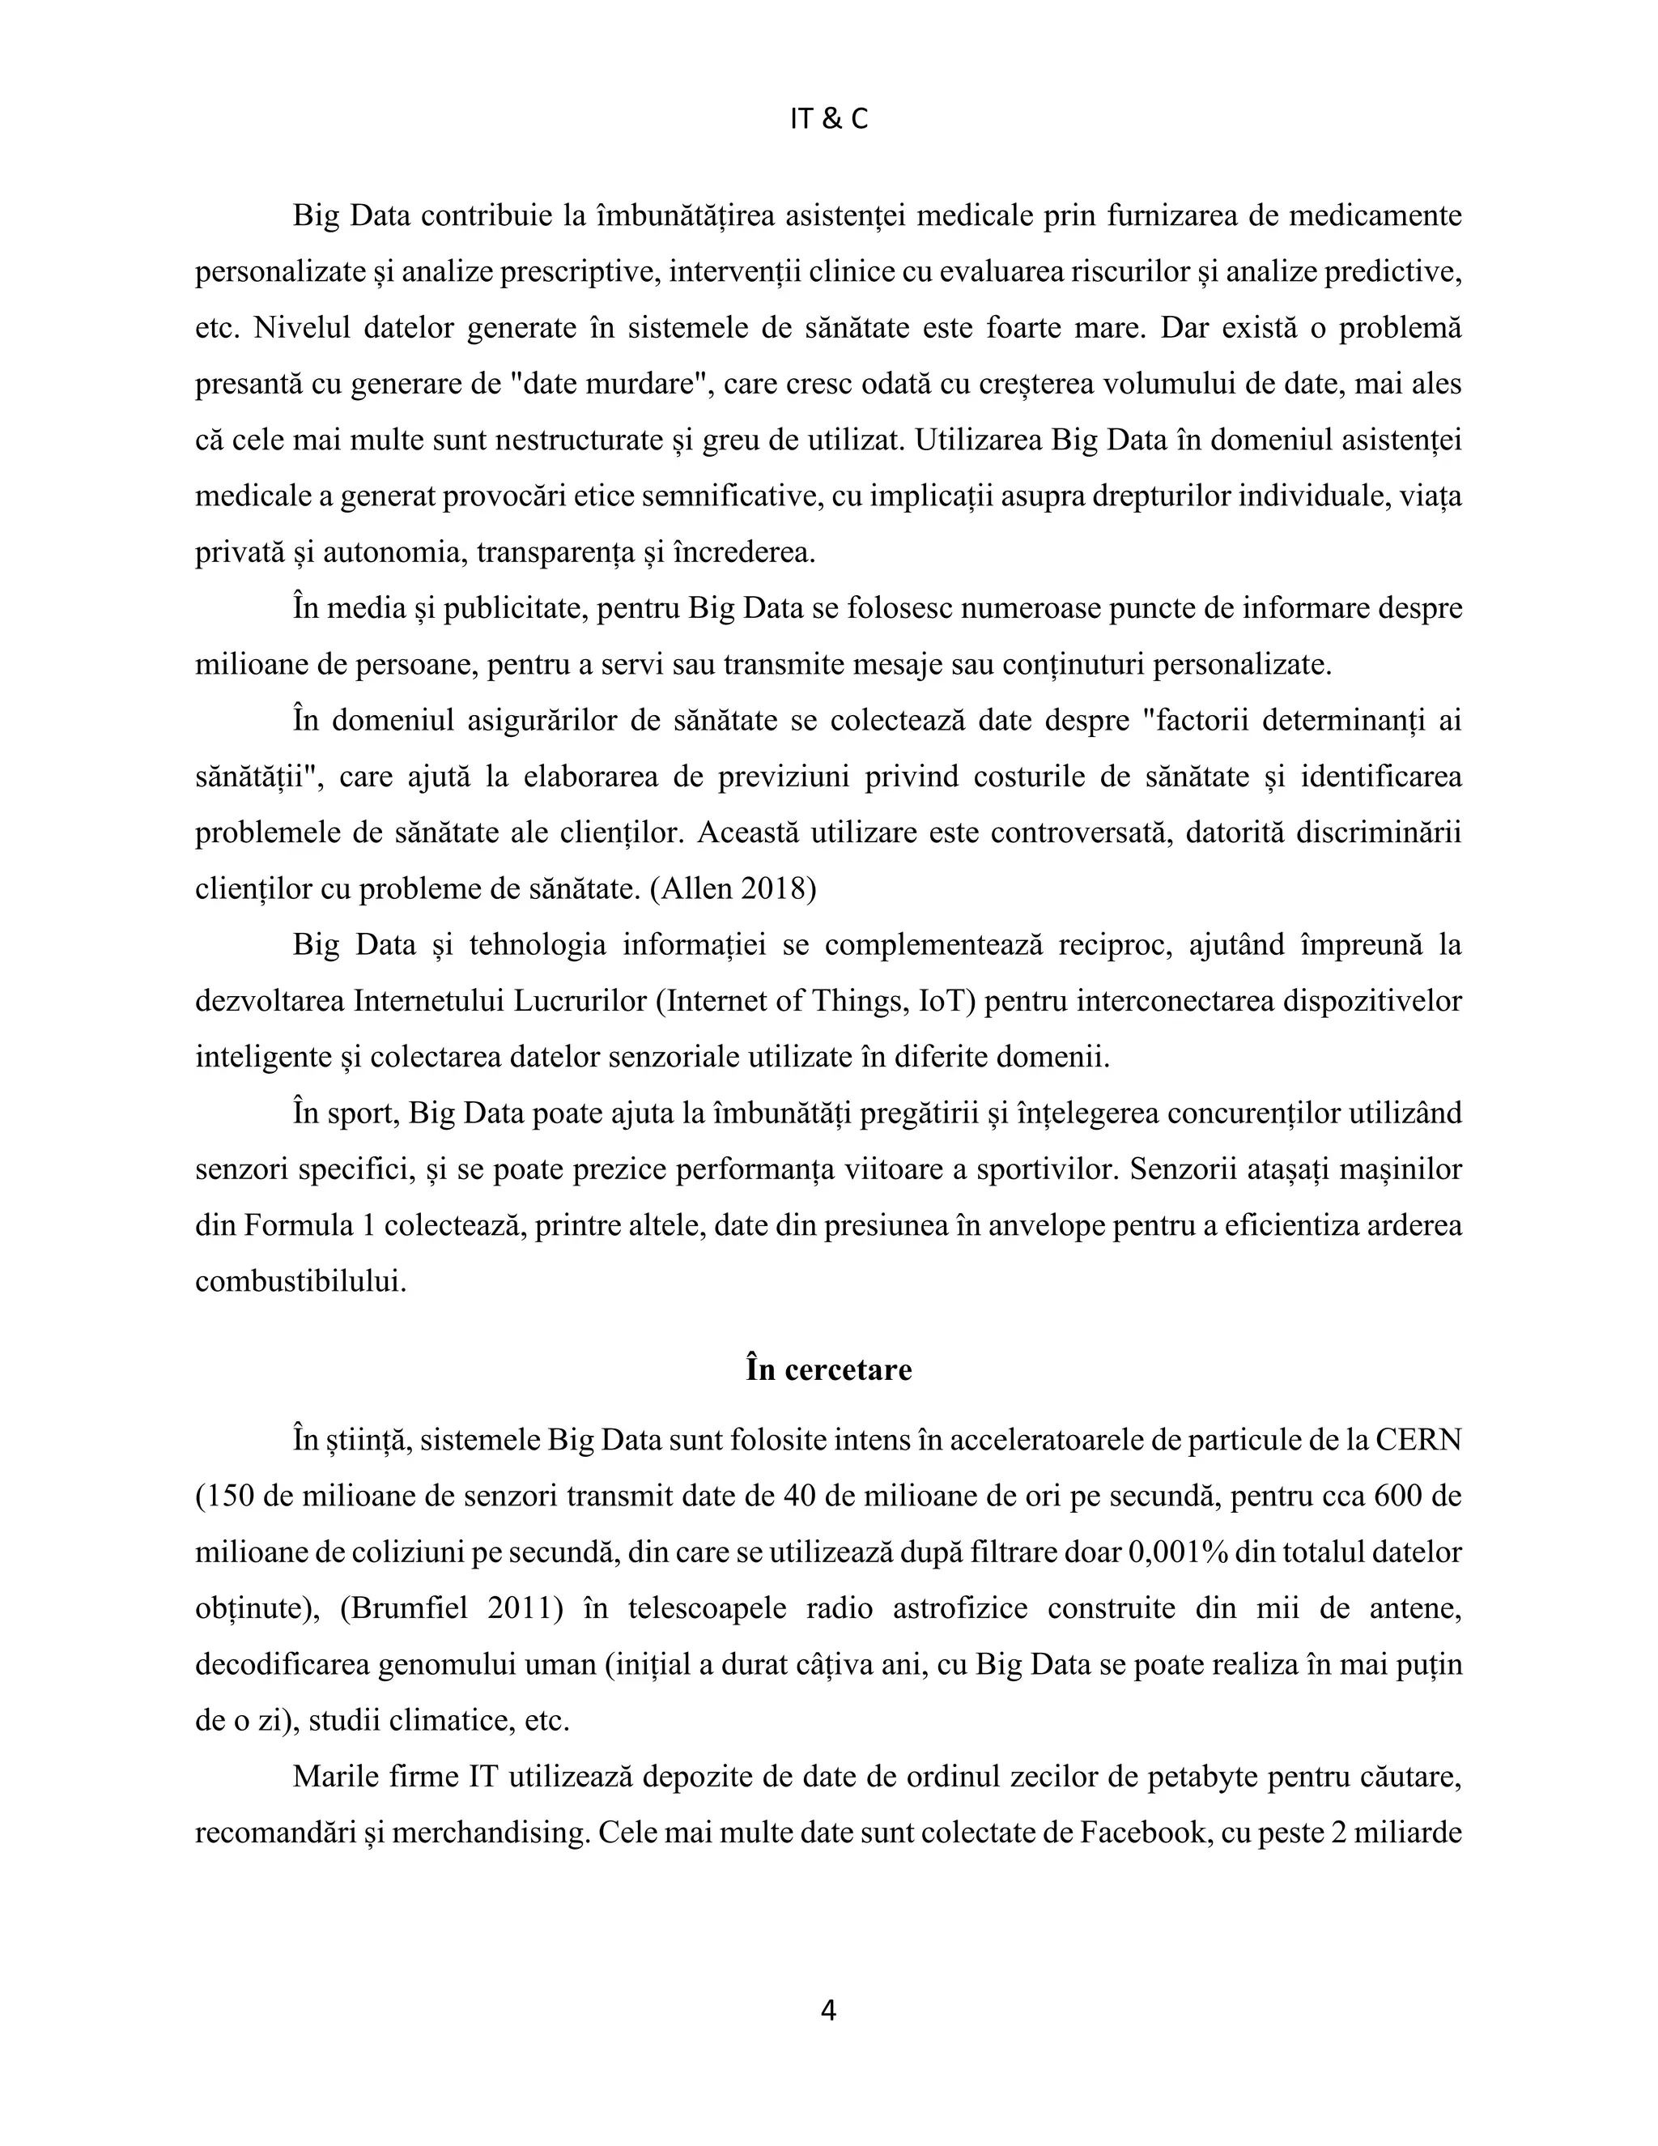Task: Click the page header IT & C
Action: [x=828, y=119]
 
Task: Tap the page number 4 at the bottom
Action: [x=828, y=2011]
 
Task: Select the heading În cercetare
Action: [x=828, y=1369]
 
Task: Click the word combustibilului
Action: [x=300, y=1281]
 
